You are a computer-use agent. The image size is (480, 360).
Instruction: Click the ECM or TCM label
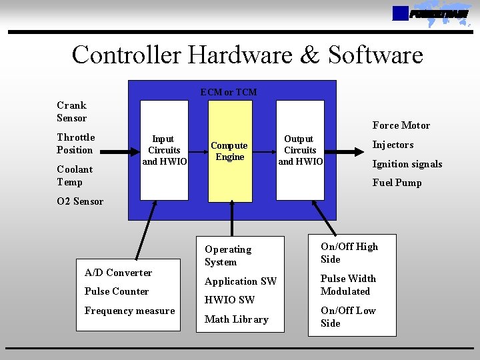[229, 92]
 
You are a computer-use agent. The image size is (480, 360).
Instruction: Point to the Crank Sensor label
[72, 111]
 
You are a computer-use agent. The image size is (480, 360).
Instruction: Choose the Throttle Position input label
[76, 143]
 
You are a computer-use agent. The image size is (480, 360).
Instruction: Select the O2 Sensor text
[80, 201]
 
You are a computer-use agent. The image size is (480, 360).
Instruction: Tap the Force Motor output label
[401, 125]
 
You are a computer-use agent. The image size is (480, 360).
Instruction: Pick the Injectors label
[393, 145]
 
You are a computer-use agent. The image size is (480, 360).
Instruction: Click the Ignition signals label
[407, 164]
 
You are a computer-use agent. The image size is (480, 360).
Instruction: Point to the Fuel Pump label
[397, 183]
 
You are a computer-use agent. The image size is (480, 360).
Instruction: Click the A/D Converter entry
[119, 272]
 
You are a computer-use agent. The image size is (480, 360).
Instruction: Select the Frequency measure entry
[129, 311]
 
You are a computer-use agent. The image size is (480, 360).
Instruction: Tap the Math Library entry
[236, 319]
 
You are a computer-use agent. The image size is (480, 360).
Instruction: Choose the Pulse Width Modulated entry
[348, 285]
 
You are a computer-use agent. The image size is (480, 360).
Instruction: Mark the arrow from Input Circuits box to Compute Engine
[198, 151]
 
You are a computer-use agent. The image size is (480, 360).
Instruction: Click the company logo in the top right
[430, 13]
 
